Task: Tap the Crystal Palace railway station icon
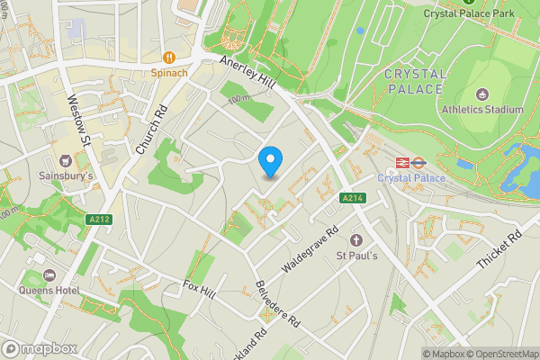pyautogui.click(x=400, y=162)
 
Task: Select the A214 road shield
pyautogui.click(x=353, y=198)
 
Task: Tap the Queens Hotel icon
pyautogui.click(x=49, y=274)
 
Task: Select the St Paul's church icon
pyautogui.click(x=355, y=240)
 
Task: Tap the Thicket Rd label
pyautogui.click(x=501, y=252)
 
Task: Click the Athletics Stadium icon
pyautogui.click(x=481, y=94)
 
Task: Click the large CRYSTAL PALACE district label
pyautogui.click(x=413, y=81)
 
